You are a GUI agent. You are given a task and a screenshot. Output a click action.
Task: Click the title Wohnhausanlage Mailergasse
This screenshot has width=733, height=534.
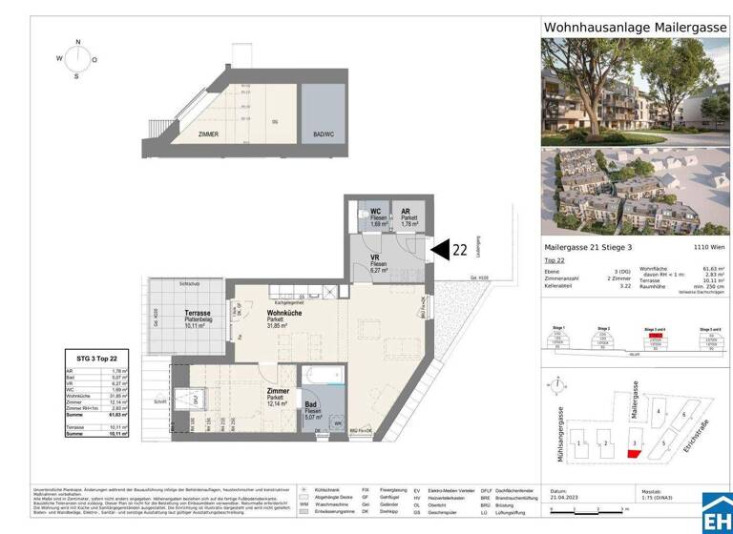pos(633,28)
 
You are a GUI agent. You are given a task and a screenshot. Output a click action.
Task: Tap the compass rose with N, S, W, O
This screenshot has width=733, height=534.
pos(79,58)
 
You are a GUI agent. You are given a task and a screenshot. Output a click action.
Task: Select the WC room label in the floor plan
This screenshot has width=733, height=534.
pos(376,211)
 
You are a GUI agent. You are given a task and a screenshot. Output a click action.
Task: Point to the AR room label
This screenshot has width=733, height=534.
pos(406,211)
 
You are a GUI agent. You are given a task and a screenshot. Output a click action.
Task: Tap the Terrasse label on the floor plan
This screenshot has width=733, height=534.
pos(198,314)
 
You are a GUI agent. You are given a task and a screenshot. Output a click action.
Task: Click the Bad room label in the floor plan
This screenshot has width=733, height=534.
pos(310,406)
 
